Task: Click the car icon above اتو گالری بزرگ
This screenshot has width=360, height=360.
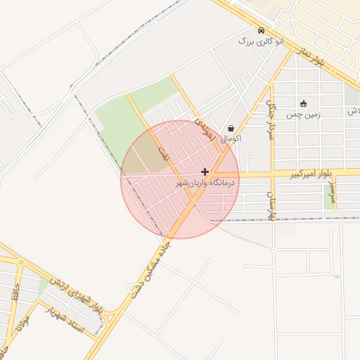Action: [261, 31]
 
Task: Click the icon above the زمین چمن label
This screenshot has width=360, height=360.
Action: [303, 103]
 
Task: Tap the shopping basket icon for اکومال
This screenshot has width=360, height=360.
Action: [231, 128]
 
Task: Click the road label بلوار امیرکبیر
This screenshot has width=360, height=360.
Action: [309, 173]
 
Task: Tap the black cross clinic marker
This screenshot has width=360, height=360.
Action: [205, 172]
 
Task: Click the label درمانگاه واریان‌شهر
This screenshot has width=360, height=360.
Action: [207, 183]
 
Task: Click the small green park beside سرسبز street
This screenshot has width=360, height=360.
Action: [328, 199]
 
